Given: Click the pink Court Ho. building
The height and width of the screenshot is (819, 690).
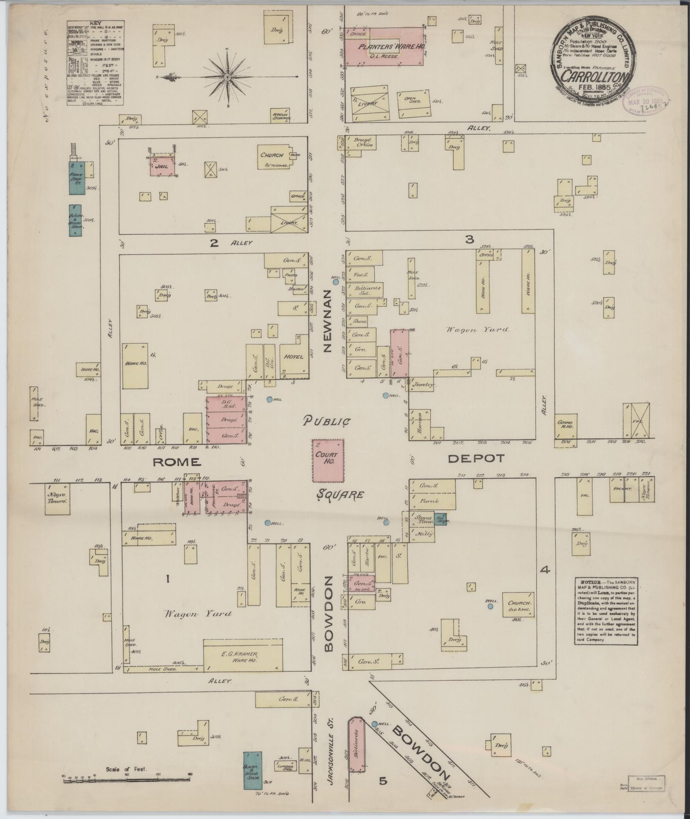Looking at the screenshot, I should tap(328, 460).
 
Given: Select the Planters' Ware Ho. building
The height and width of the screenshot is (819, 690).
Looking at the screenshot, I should tap(384, 47).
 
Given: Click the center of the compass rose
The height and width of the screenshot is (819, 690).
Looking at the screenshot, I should tap(228, 77).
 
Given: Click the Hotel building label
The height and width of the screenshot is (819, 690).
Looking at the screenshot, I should tap(294, 357).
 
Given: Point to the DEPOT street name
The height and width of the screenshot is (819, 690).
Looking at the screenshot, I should tap(477, 459).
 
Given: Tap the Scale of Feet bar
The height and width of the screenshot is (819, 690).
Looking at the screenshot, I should tap(127, 781).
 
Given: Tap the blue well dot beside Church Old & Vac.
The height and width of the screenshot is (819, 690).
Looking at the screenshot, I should tap(490, 606).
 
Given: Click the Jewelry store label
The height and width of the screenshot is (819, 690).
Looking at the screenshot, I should tap(423, 385).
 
